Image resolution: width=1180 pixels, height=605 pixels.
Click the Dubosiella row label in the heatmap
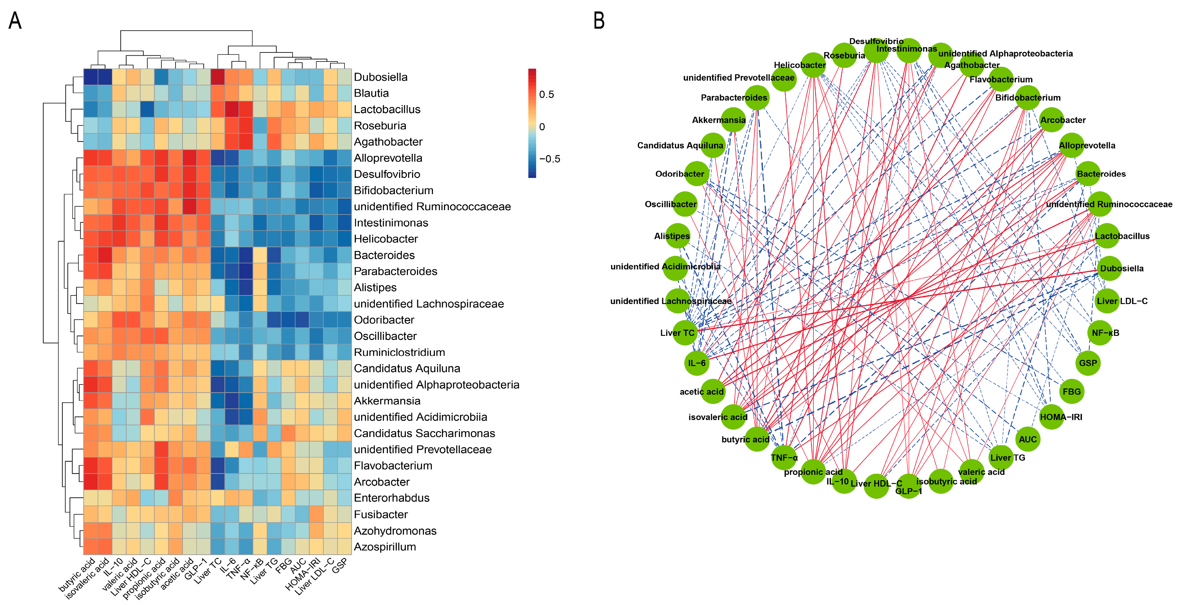[380, 77]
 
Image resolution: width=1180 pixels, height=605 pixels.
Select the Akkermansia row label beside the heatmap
[387, 401]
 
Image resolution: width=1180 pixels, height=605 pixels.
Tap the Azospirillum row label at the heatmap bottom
[385, 546]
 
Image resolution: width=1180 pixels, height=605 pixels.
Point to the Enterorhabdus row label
[391, 498]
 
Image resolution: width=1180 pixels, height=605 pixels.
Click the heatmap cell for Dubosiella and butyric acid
[91, 77]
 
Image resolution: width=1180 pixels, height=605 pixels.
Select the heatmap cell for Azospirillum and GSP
[344, 546]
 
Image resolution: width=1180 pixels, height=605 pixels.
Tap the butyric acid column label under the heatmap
[78, 575]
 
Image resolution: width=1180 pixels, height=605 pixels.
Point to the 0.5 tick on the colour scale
[546, 94]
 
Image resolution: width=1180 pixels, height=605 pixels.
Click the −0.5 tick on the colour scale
[549, 159]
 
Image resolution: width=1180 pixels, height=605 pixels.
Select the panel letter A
[15, 21]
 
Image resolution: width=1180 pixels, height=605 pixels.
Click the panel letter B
[599, 21]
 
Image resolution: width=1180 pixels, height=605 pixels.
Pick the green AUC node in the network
[1028, 439]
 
